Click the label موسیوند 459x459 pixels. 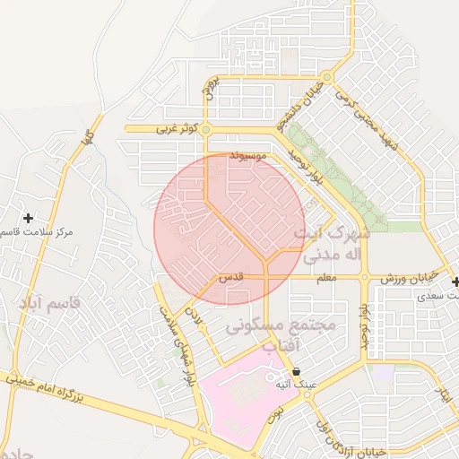click(x=249, y=156)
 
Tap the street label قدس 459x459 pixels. click(x=232, y=278)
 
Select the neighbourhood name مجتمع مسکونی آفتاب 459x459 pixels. click(x=281, y=335)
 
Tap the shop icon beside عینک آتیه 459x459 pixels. click(x=296, y=371)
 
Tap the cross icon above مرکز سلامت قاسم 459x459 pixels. click(x=29, y=218)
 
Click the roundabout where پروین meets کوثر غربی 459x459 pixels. click(x=205, y=130)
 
